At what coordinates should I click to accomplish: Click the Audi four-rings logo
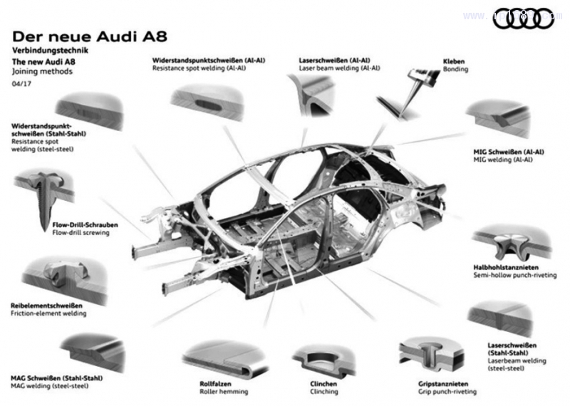coord(523,19)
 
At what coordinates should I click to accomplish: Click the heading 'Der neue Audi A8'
coord(90,36)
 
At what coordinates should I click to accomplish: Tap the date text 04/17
coord(21,84)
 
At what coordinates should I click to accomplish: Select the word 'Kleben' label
coord(454,61)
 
